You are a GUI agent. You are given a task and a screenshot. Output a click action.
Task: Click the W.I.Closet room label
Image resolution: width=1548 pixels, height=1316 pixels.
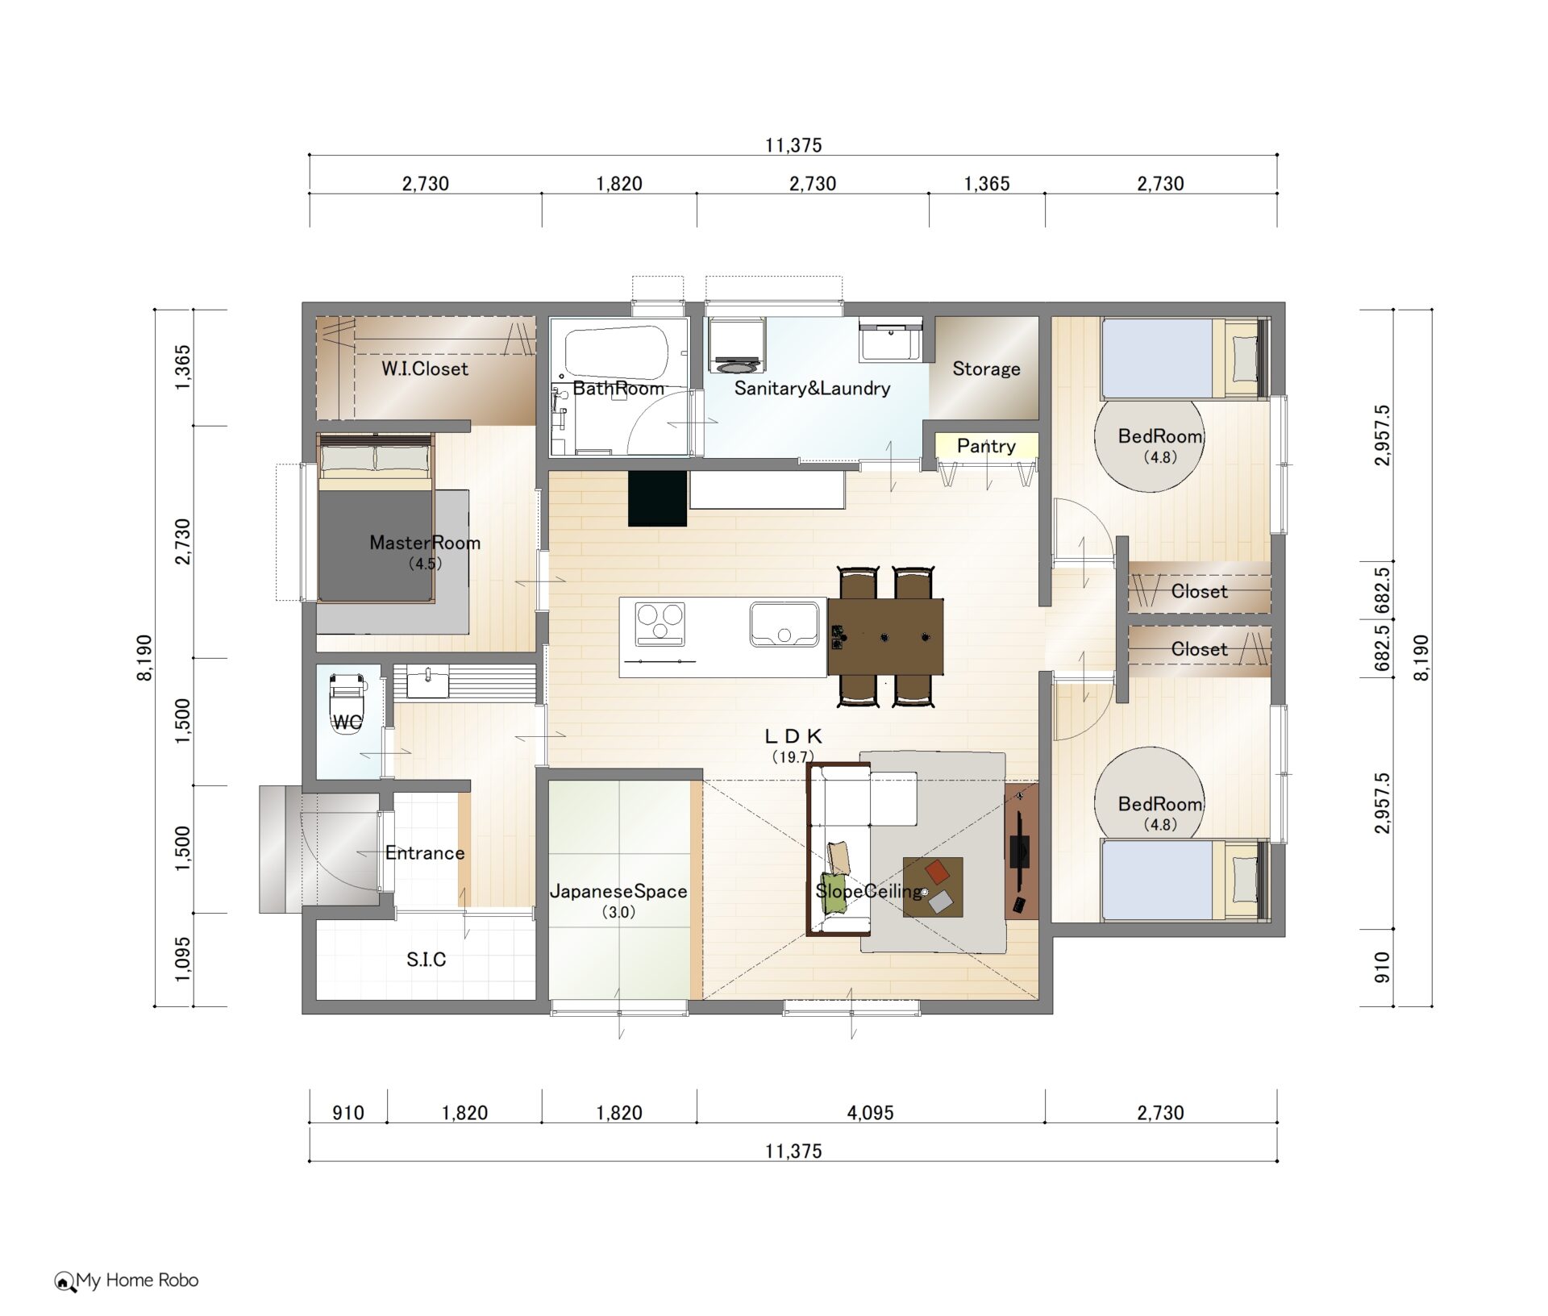coord(425,369)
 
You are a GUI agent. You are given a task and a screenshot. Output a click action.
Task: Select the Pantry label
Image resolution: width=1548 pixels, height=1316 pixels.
coord(986,446)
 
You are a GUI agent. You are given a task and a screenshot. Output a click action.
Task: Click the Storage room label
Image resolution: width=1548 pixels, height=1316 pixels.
coord(986,369)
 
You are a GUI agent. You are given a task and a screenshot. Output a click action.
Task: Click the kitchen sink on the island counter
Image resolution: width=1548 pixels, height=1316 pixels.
coord(784,624)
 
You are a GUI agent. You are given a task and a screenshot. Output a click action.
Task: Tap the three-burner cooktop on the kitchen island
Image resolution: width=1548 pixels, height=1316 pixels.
coord(660,624)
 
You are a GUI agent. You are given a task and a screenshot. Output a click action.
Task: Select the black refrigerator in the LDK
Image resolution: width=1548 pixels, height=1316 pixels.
coord(657,498)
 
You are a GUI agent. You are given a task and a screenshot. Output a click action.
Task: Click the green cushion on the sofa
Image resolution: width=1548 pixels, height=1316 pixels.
coord(834,893)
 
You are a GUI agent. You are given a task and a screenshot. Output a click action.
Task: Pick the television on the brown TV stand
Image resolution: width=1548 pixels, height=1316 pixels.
coord(1020,850)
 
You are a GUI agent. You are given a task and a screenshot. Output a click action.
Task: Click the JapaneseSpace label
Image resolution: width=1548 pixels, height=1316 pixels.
coord(618,891)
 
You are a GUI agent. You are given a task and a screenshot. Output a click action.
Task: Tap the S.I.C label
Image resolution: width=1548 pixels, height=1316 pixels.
coord(426,959)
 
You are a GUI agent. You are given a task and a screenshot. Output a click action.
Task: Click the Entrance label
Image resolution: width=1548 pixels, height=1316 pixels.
coord(425,852)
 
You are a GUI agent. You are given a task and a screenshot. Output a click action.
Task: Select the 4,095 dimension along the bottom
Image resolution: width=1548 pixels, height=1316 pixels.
coord(871,1113)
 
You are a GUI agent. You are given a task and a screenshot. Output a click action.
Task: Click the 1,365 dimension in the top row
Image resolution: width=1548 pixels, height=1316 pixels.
coord(987,184)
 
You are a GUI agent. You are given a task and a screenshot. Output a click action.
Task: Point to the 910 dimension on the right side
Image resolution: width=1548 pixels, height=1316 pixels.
coord(1382,967)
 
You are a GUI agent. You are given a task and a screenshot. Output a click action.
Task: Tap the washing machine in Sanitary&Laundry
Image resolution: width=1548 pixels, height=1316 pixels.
coord(737,347)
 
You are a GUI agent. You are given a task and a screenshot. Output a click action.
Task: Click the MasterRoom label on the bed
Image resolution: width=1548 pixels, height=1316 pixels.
coord(425,543)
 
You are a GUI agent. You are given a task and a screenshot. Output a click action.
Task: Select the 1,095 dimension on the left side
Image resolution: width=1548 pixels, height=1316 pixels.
coord(183,959)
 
